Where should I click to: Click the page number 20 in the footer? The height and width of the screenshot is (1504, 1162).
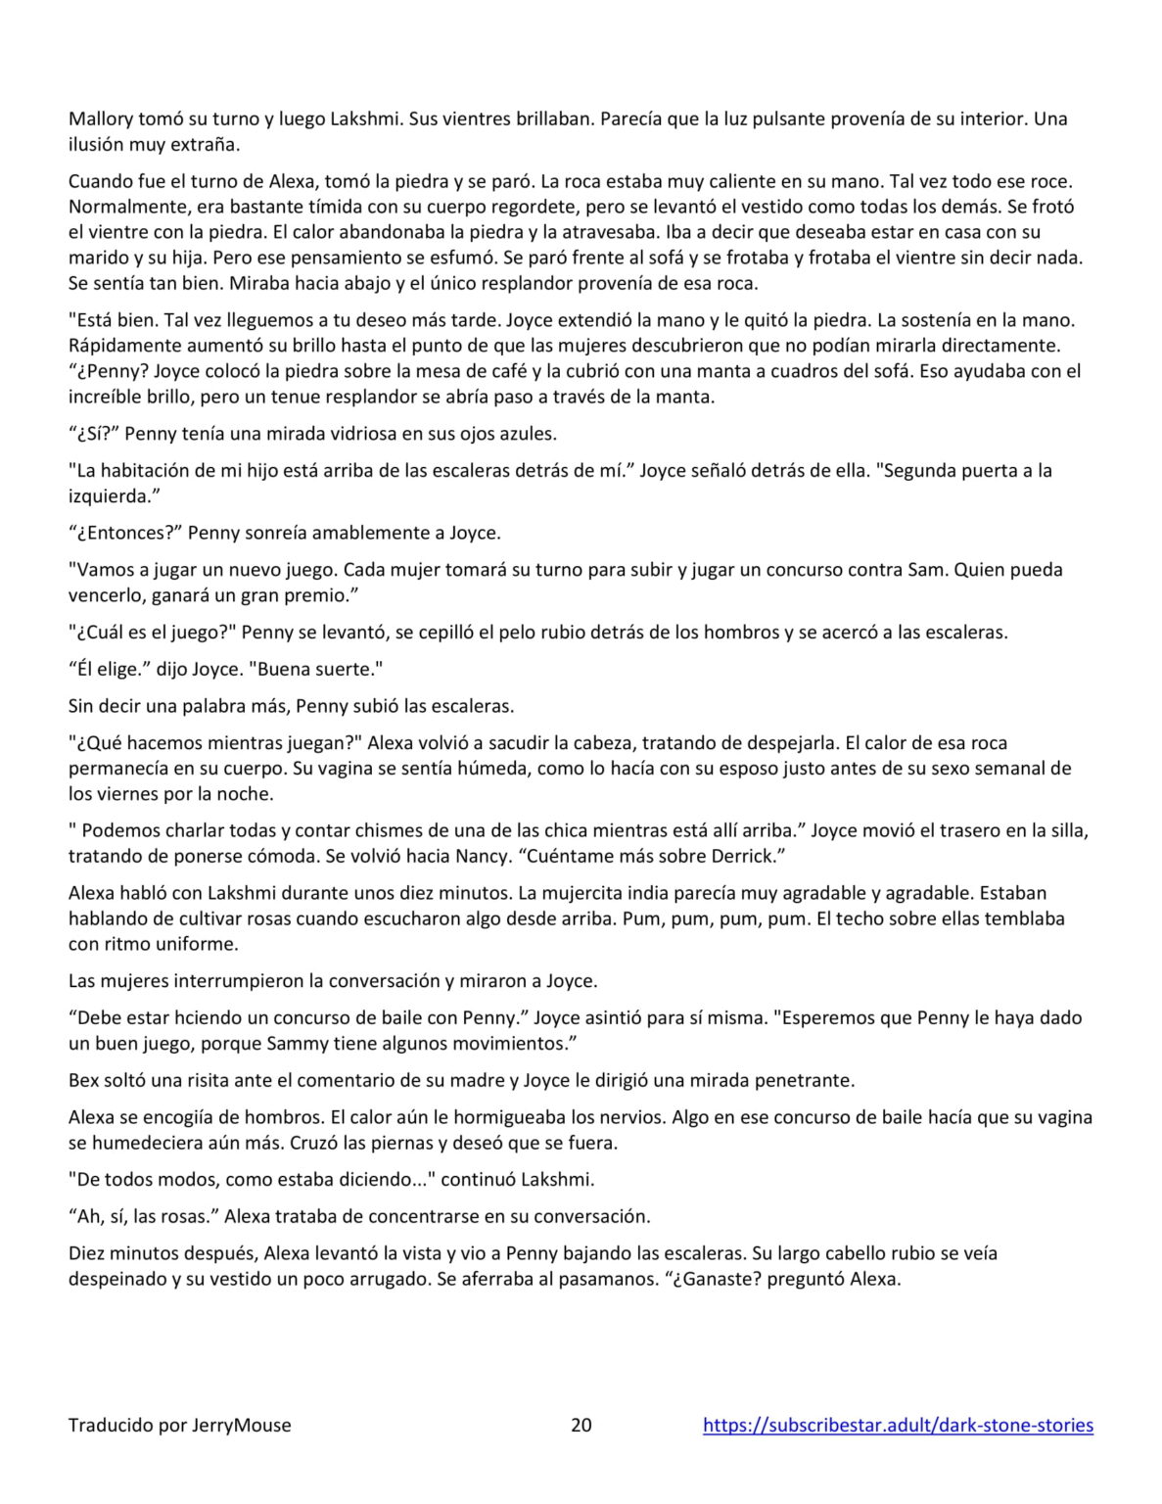click(581, 1425)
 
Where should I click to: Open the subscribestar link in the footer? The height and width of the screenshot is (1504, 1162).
click(898, 1425)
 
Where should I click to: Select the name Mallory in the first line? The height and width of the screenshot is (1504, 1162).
click(102, 119)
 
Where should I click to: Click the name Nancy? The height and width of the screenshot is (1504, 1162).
click(481, 856)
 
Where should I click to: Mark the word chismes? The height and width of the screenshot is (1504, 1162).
click(384, 830)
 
